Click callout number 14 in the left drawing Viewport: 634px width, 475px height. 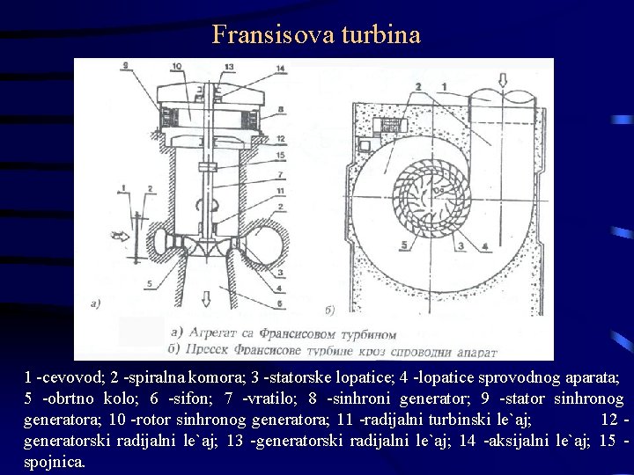[x=280, y=68]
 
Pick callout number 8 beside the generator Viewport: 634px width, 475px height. [x=281, y=110]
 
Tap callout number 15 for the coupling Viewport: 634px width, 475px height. [x=281, y=156]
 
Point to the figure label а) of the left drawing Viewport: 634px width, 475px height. [x=96, y=304]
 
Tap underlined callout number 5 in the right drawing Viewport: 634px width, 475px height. [x=405, y=245]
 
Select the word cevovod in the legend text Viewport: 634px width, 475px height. [x=76, y=377]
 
